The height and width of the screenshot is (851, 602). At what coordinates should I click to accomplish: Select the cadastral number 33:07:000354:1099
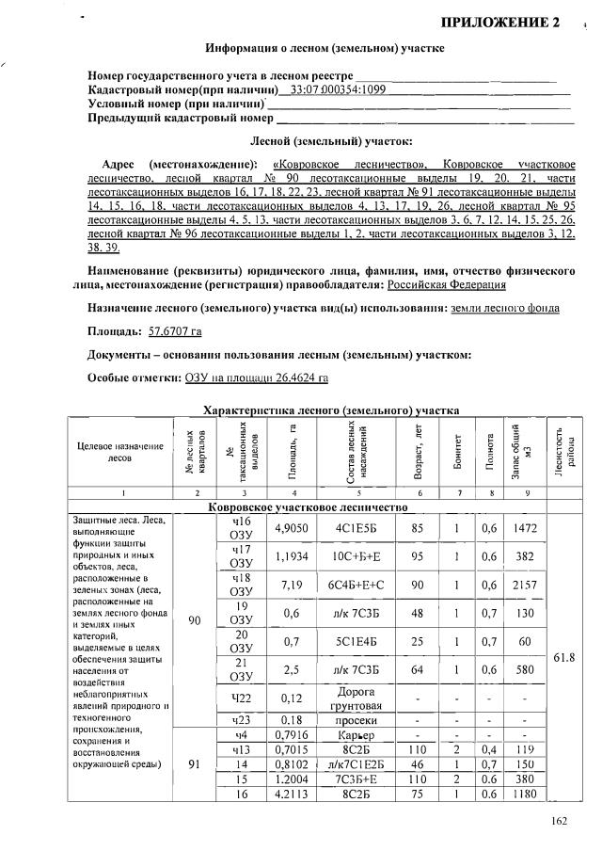coord(338,89)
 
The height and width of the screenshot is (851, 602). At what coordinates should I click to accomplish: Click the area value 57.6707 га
coord(175,331)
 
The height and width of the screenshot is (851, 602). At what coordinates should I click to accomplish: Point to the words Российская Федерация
coord(448,283)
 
